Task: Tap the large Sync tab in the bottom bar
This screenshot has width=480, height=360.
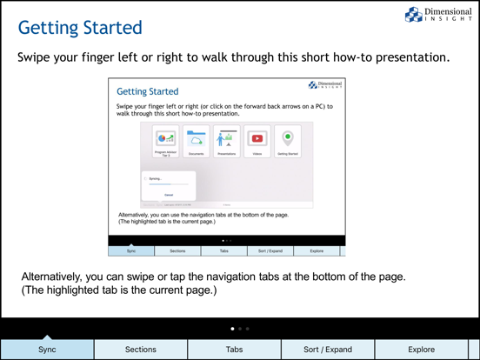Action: tap(47, 350)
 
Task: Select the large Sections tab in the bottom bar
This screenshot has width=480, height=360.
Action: tap(141, 350)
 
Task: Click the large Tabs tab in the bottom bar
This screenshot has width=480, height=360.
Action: tap(235, 350)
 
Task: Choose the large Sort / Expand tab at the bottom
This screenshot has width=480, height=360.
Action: tap(328, 350)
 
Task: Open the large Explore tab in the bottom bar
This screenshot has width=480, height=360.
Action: tap(422, 350)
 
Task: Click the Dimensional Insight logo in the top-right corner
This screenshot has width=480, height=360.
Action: tap(439, 15)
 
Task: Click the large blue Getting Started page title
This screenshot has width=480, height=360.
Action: tap(80, 28)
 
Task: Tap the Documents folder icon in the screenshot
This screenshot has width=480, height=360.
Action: tap(197, 139)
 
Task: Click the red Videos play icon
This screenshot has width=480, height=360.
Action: tap(257, 138)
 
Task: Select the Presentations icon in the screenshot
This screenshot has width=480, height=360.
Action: tap(227, 139)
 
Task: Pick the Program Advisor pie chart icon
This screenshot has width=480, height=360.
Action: tap(165, 138)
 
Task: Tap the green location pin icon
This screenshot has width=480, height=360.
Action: tap(288, 138)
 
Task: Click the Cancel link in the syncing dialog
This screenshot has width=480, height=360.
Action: tap(169, 195)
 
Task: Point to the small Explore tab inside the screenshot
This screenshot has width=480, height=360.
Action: tap(317, 250)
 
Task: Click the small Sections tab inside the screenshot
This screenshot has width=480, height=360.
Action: tap(177, 250)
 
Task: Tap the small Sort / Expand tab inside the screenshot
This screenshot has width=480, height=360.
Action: tap(270, 250)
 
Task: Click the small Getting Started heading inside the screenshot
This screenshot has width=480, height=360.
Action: tap(148, 91)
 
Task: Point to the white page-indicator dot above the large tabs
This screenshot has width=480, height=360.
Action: tap(232, 329)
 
